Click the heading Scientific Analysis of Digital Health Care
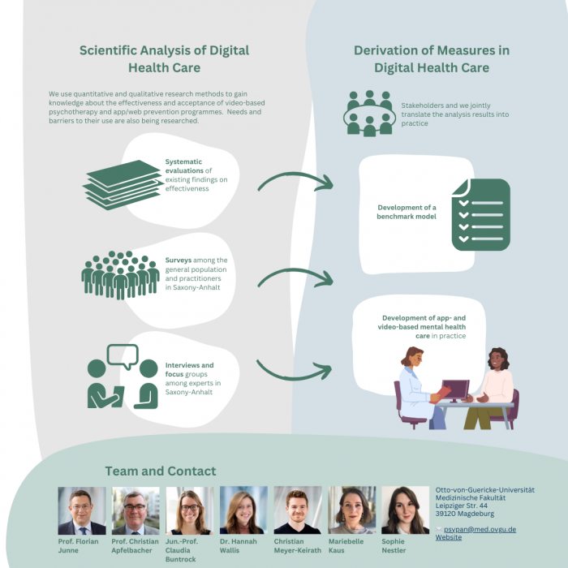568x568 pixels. [x=164, y=59]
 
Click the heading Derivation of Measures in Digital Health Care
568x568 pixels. [x=432, y=59]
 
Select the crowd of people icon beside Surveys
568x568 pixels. [x=120, y=273]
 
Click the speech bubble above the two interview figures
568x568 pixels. [x=123, y=355]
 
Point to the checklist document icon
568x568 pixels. [x=480, y=214]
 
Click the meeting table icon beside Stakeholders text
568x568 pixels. [x=369, y=113]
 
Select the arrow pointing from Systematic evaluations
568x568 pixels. [x=295, y=180]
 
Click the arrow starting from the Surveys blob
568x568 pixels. [x=295, y=277]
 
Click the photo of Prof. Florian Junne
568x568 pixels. [x=81, y=510]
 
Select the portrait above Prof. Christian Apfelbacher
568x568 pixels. [x=136, y=510]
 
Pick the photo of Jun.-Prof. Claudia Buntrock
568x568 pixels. [x=189, y=510]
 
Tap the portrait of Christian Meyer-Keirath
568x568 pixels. [x=297, y=510]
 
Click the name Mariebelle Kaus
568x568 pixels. [x=346, y=545]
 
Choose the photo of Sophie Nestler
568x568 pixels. [x=405, y=510]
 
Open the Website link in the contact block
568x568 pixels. [x=448, y=537]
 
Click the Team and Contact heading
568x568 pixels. [x=161, y=471]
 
